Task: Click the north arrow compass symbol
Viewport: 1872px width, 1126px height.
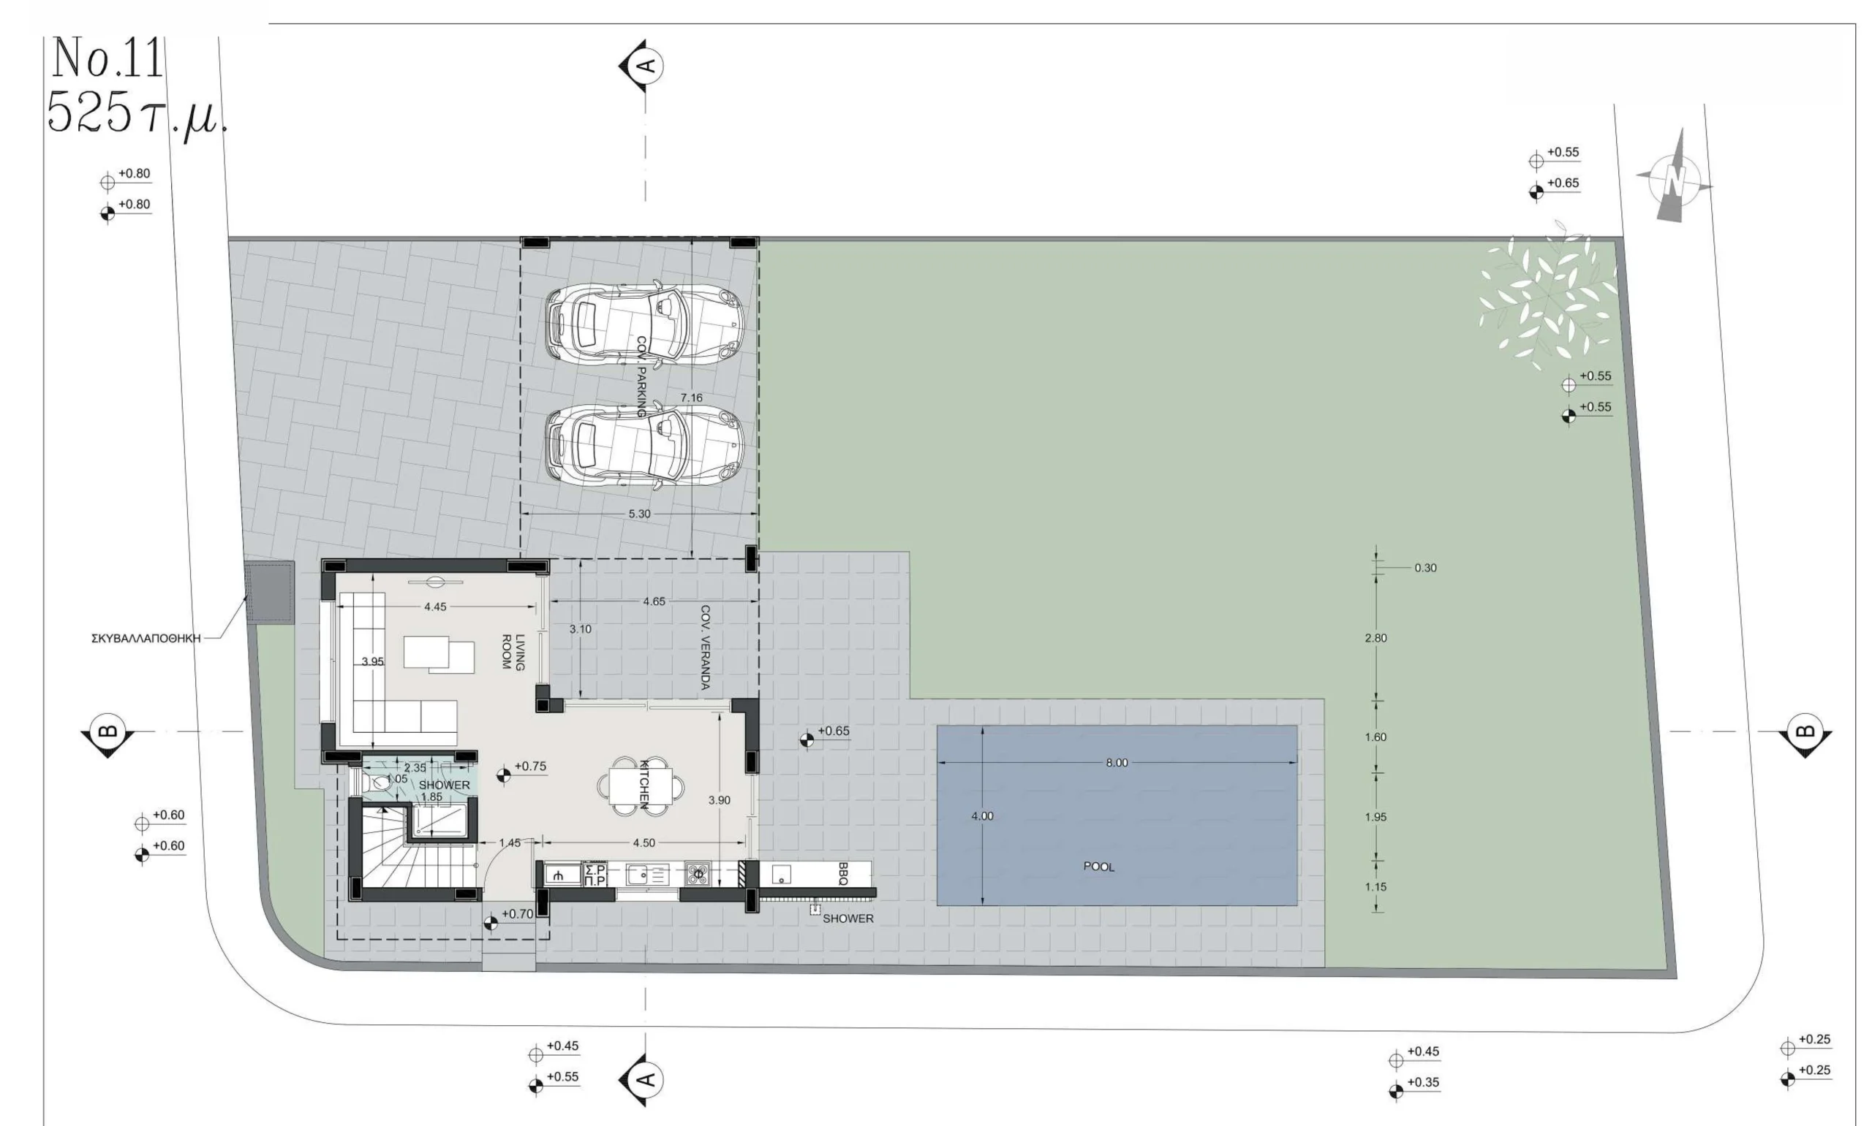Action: (1674, 178)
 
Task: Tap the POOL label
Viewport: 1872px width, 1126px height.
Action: (1098, 867)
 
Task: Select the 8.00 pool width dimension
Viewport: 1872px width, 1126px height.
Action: (1116, 763)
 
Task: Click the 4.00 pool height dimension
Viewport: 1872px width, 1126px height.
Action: (981, 816)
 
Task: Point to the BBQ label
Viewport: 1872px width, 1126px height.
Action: (842, 873)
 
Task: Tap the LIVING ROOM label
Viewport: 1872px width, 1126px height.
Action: (513, 652)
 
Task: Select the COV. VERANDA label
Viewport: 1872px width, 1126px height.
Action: (704, 647)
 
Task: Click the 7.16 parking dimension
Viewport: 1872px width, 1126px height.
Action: (691, 397)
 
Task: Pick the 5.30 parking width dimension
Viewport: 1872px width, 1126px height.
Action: (639, 514)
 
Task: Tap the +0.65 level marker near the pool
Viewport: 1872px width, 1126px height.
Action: (824, 734)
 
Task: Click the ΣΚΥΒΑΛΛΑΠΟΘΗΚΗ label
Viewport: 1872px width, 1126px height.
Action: (146, 639)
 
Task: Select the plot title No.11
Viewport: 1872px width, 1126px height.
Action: (107, 58)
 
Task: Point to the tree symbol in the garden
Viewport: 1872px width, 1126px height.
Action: (1547, 298)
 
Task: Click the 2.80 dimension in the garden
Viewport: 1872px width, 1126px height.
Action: (1375, 638)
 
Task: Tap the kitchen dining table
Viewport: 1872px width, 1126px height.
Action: (641, 786)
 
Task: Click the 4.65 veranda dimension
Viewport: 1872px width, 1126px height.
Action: (654, 601)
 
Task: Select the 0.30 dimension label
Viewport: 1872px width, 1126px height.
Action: (1425, 568)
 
